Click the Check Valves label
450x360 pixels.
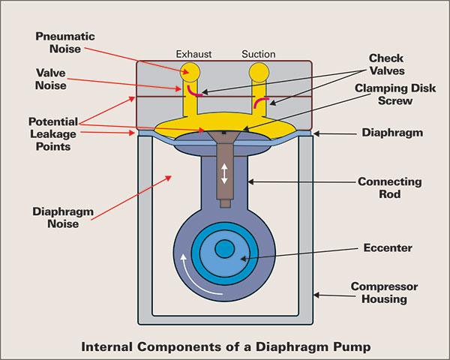[389, 64]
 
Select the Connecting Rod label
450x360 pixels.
[389, 188]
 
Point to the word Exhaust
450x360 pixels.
[194, 54]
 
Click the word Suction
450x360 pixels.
[259, 54]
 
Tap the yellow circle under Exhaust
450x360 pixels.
[190, 72]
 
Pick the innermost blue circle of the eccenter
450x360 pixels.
[224, 250]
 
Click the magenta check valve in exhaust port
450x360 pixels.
[194, 92]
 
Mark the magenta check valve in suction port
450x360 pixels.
[260, 103]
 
